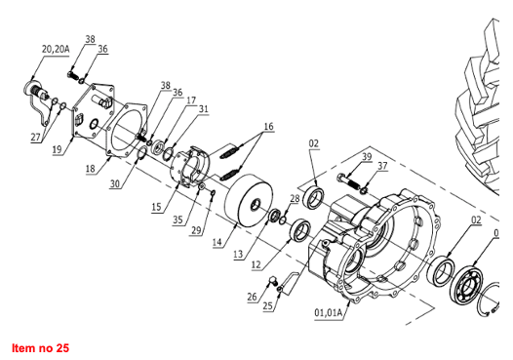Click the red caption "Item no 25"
point(41,347)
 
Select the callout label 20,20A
point(56,49)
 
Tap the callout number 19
point(57,149)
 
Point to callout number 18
point(91,169)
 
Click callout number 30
point(115,184)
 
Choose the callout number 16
point(268,127)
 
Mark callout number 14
point(217,242)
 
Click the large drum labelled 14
point(249,200)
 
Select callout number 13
point(238,255)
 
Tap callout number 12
point(256,264)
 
